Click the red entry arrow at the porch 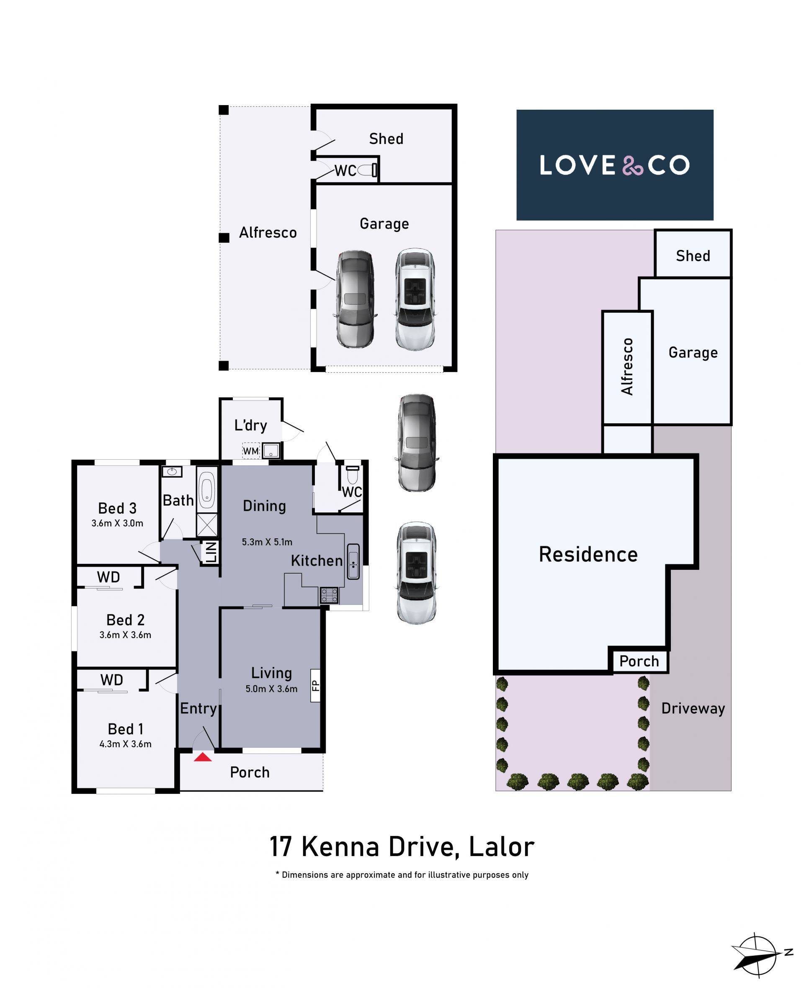tap(202, 757)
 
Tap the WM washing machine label tap(250, 451)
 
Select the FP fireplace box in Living tap(315, 685)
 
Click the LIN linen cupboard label tap(211, 552)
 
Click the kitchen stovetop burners tap(329, 595)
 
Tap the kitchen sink tap(353, 561)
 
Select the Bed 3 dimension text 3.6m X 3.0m tap(117, 523)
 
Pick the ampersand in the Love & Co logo tap(633, 165)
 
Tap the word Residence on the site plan tap(588, 554)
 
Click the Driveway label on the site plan tap(693, 708)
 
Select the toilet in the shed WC tap(368, 170)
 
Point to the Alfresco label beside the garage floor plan tap(268, 232)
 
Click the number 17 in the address tap(281, 847)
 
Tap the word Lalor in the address tap(502, 847)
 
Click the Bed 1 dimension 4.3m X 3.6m tap(126, 744)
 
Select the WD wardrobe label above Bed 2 tap(108, 577)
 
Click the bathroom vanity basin tap(172, 472)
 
